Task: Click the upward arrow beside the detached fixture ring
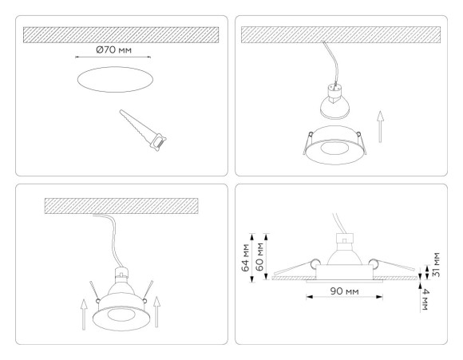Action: click(x=380, y=125)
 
